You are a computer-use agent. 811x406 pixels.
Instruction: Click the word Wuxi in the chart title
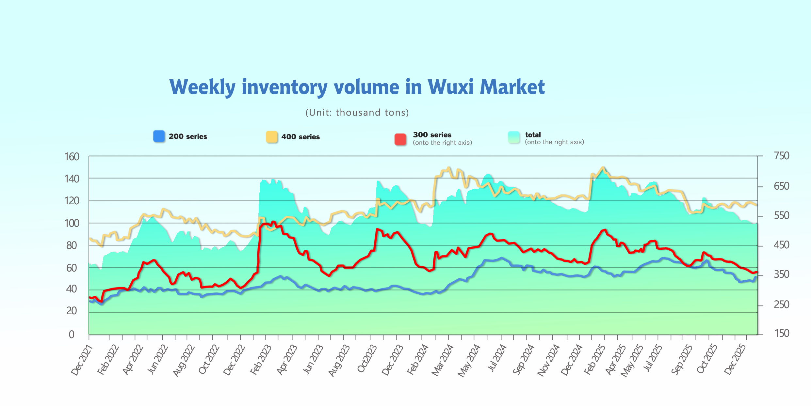pos(450,87)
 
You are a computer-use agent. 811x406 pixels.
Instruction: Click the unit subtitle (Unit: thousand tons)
pos(357,113)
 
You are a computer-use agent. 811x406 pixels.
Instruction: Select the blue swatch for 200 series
pos(159,136)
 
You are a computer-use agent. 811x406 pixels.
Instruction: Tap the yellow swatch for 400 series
pos(271,137)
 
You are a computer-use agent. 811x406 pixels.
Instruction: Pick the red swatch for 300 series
pos(400,139)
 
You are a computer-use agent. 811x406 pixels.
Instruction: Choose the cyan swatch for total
pos(513,137)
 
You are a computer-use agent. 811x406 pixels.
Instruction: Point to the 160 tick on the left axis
pos(72,157)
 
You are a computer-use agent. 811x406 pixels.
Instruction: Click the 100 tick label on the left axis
pos(72,223)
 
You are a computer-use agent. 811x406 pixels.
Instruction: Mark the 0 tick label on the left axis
pos(72,334)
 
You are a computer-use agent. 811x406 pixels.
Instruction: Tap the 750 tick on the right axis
pos(781,156)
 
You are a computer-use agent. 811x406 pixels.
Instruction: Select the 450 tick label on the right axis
pos(781,245)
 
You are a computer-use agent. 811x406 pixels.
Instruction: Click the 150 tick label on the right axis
pos(781,333)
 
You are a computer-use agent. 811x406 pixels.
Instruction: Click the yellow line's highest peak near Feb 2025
pos(603,167)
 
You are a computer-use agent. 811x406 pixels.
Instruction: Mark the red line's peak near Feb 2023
pos(273,222)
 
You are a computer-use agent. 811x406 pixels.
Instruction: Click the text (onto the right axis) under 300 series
pos(442,143)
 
